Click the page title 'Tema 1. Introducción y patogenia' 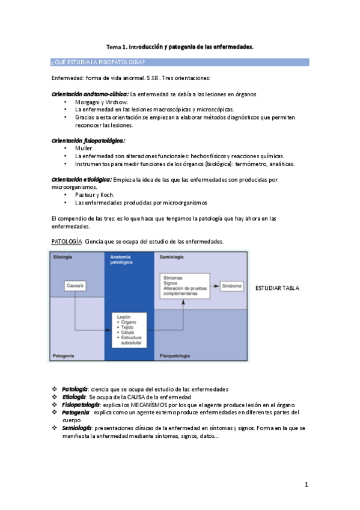pos(180,46)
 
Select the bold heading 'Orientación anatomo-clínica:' pos(90,94)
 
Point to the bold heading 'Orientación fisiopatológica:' pos(88,141)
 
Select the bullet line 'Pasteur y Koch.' pos(95,195)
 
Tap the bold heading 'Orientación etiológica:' pos(82,179)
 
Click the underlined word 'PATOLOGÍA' pos(67,241)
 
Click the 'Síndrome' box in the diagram pos(232,286)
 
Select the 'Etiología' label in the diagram pos(63,257)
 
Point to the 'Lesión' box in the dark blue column pos(132,330)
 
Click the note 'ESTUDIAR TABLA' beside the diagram pos(277,288)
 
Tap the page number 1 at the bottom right pos(306,485)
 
